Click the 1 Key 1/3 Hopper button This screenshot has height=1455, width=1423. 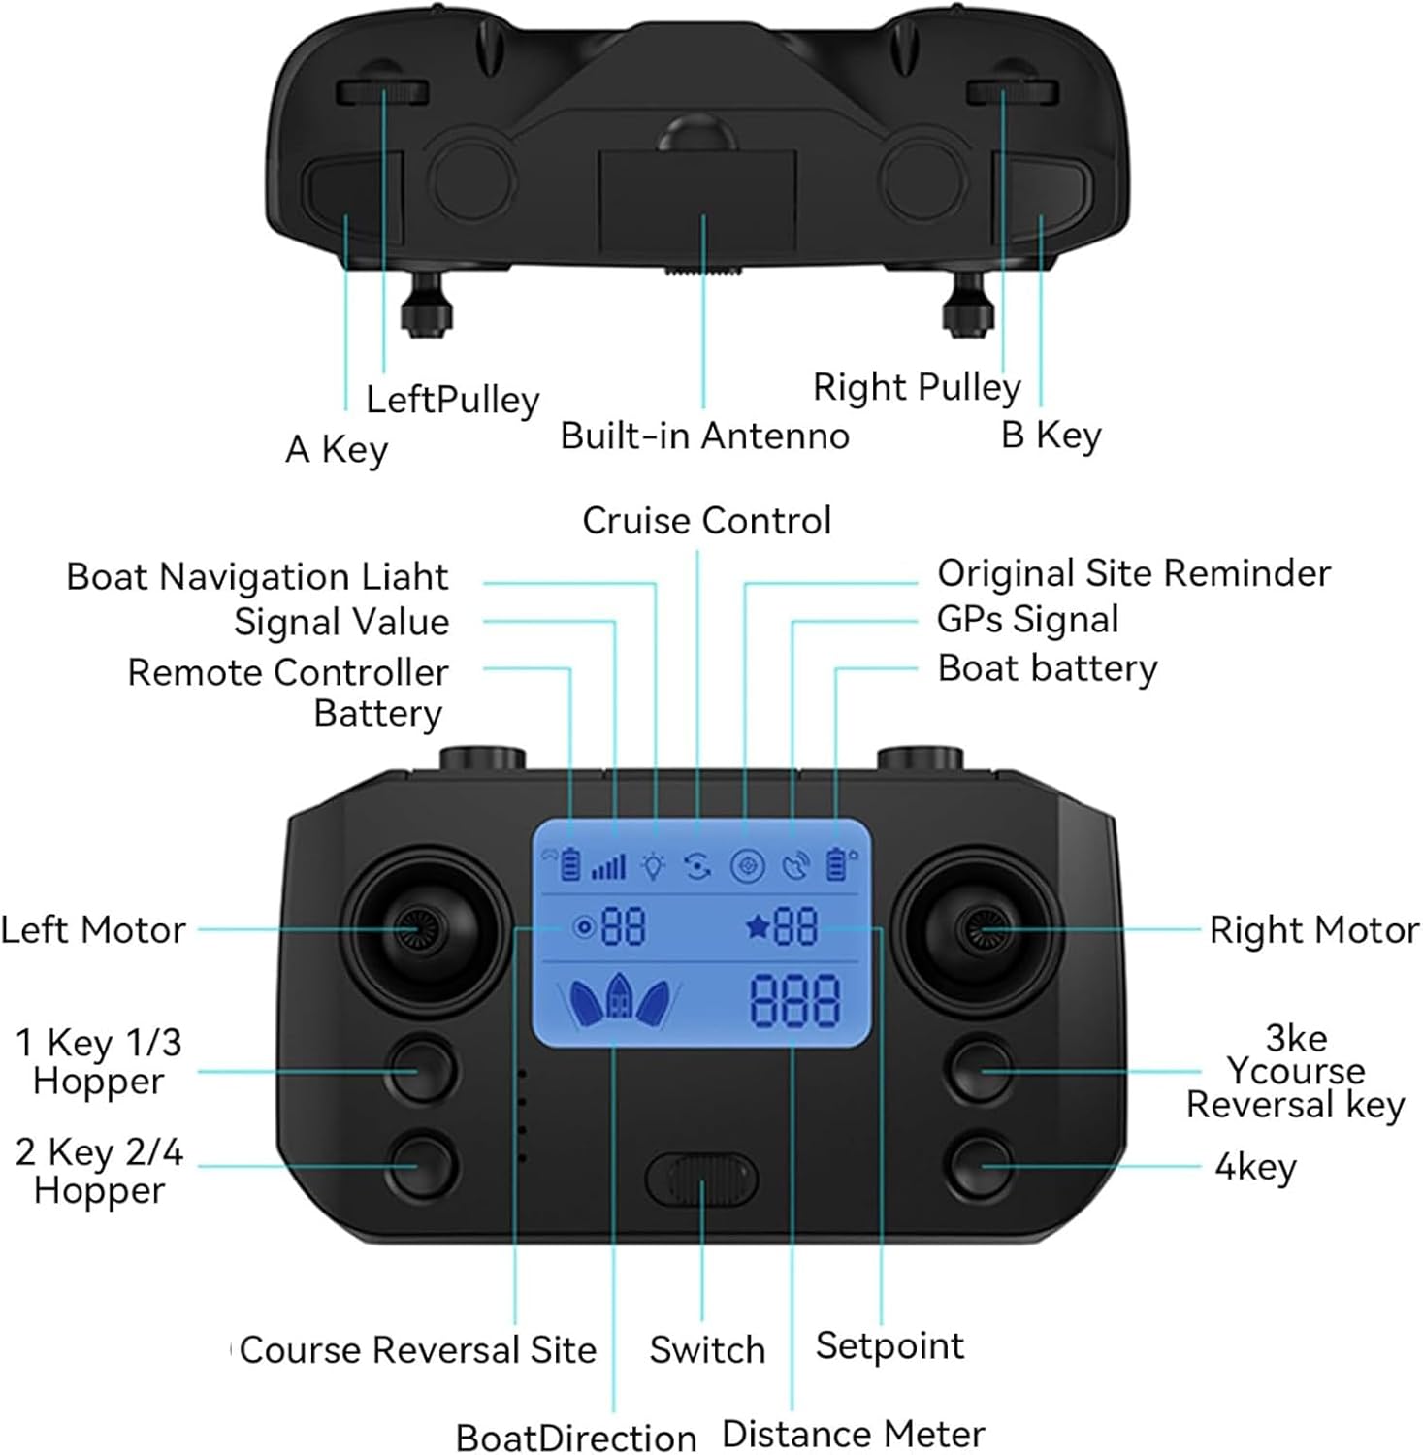421,1070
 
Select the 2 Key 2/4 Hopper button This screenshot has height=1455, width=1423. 421,1165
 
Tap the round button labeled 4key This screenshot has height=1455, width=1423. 982,1165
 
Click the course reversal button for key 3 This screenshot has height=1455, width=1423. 982,1070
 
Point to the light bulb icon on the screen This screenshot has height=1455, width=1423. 655,864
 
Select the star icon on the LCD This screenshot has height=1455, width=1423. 757,928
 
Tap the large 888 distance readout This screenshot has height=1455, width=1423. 794,1000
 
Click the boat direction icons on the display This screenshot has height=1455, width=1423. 619,1001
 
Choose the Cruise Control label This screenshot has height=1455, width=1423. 707,521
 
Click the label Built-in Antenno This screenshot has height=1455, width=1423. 705,436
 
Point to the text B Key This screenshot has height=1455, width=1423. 1051,436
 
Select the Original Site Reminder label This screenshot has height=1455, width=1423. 1134,573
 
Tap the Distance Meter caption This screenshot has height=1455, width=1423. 854,1434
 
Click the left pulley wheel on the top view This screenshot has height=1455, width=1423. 383,92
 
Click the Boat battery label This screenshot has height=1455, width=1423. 1048,668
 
